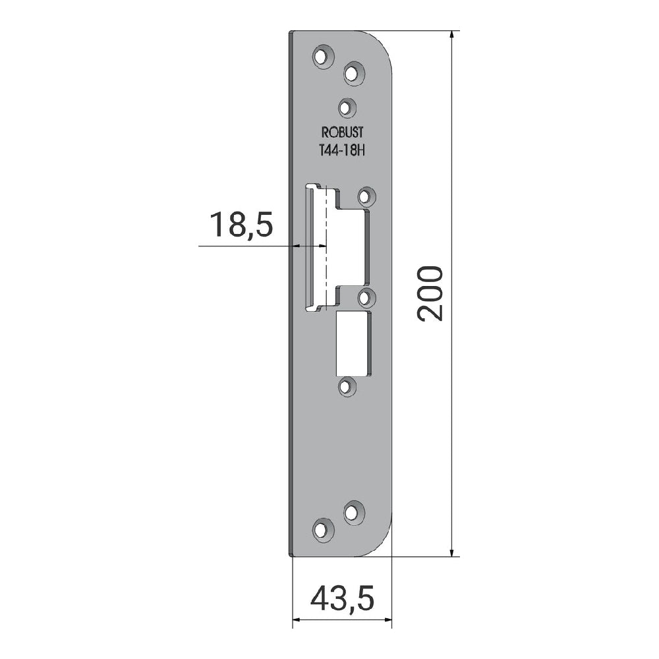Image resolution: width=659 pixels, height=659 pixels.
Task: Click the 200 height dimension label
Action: click(430, 294)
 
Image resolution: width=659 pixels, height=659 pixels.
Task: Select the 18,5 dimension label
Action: click(241, 225)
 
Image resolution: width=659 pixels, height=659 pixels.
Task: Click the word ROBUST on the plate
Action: click(342, 132)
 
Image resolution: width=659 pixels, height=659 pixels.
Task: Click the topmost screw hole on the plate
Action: click(323, 56)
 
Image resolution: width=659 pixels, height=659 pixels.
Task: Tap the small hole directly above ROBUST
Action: click(347, 108)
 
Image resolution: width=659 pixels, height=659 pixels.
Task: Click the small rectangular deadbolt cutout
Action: click(354, 344)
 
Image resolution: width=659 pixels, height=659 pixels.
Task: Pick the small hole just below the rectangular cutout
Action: click(347, 387)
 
